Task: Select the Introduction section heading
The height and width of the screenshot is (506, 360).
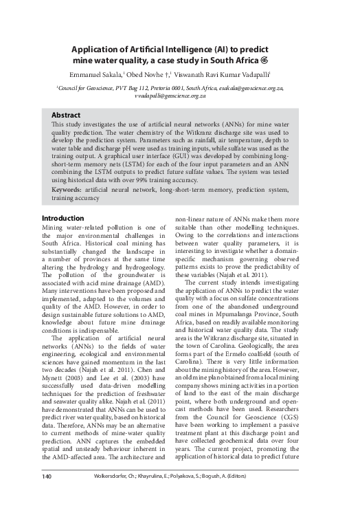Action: point(66,217)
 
